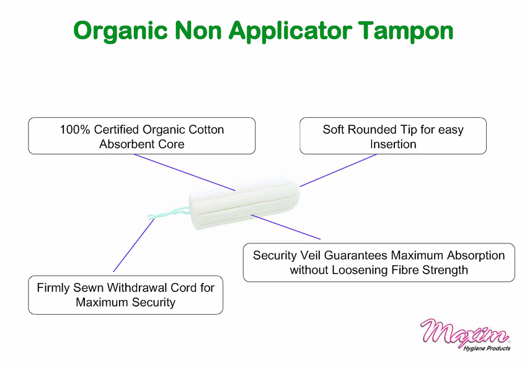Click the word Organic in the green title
pyautogui.click(x=120, y=32)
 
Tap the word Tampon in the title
pyautogui.click(x=405, y=32)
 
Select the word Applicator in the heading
pyautogui.click(x=290, y=32)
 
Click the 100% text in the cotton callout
pyautogui.click(x=75, y=130)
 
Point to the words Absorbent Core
pyautogui.click(x=142, y=144)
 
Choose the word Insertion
pyautogui.click(x=393, y=144)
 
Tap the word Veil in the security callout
pyautogui.click(x=310, y=255)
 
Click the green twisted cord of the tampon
pyautogui.click(x=169, y=213)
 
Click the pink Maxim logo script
pyautogui.click(x=465, y=331)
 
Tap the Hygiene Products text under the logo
pyautogui.click(x=487, y=348)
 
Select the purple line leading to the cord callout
pyautogui.click(x=134, y=245)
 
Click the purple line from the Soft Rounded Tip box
pyautogui.click(x=338, y=170)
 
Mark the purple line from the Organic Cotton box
pyautogui.click(x=185, y=173)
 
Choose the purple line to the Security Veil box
pyautogui.click(x=286, y=227)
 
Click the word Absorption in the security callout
pyautogui.click(x=476, y=255)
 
